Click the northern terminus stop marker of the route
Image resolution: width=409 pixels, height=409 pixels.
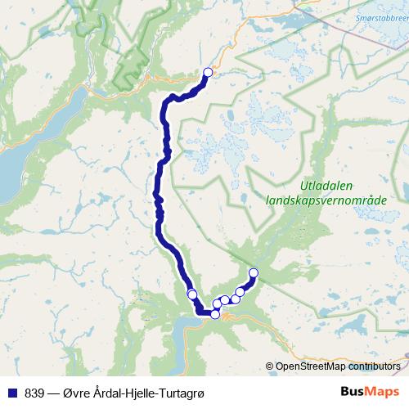[208, 73]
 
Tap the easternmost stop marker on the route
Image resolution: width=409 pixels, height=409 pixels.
[253, 272]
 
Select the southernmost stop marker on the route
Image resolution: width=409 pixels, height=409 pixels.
[215, 314]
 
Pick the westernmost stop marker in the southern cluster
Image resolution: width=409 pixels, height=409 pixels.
[192, 294]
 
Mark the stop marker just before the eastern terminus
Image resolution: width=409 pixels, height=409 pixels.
[240, 291]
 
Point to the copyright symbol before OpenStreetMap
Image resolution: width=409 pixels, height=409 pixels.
[270, 367]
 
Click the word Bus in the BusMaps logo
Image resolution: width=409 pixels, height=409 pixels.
[351, 391]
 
